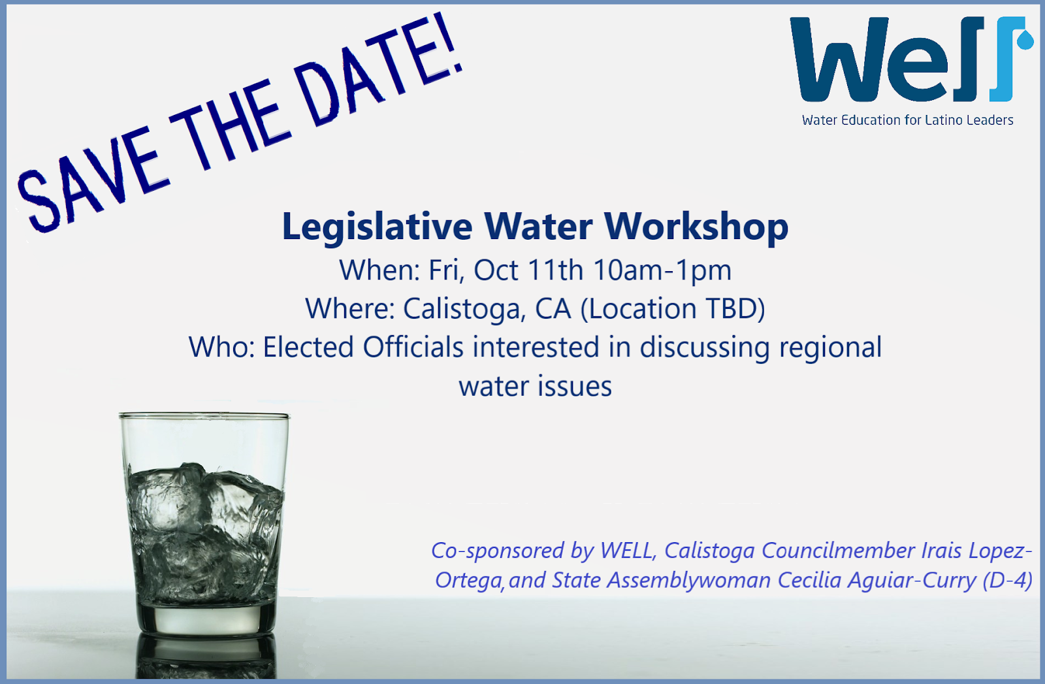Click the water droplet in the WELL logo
pos(1025,40)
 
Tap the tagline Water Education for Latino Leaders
pos(907,120)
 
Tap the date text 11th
pos(555,270)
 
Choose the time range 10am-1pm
pos(662,271)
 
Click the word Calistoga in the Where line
pos(464,310)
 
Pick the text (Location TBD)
pos(673,310)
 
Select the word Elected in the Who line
pos(308,348)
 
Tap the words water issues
pos(535,387)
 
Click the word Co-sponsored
pos(497,551)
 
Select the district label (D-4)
pos(1007,581)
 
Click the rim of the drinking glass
pos(204,415)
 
